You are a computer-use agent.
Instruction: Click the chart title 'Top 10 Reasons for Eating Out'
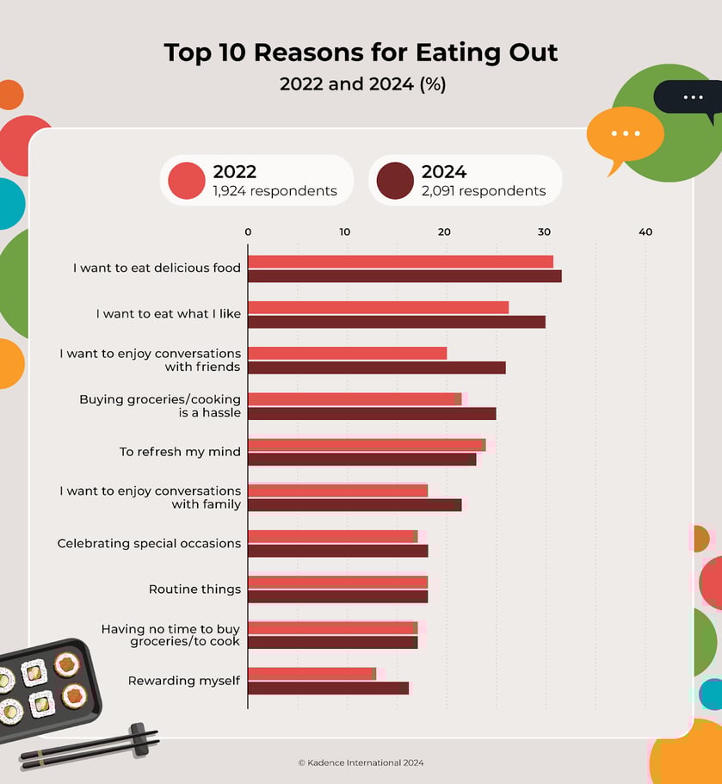361,52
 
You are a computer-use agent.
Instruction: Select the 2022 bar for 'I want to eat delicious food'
400,262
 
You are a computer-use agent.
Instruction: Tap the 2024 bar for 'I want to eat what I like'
397,322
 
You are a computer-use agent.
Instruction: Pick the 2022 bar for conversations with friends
348,353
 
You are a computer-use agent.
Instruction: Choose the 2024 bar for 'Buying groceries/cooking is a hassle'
372,414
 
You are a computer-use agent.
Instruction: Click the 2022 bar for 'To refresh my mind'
367,445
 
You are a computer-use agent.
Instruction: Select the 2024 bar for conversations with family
355,505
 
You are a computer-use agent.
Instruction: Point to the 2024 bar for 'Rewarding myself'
328,688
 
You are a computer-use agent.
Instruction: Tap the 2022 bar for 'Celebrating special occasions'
332,536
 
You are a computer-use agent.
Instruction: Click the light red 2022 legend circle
187,180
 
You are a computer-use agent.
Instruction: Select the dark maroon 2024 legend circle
395,180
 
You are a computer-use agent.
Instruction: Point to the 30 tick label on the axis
545,232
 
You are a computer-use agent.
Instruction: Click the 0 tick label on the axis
248,232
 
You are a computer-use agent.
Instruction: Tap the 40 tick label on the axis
645,232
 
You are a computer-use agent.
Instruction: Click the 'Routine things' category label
194,590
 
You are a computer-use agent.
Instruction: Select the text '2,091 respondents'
484,191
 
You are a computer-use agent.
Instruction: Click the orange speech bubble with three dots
625,134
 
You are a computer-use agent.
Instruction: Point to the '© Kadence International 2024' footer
361,762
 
